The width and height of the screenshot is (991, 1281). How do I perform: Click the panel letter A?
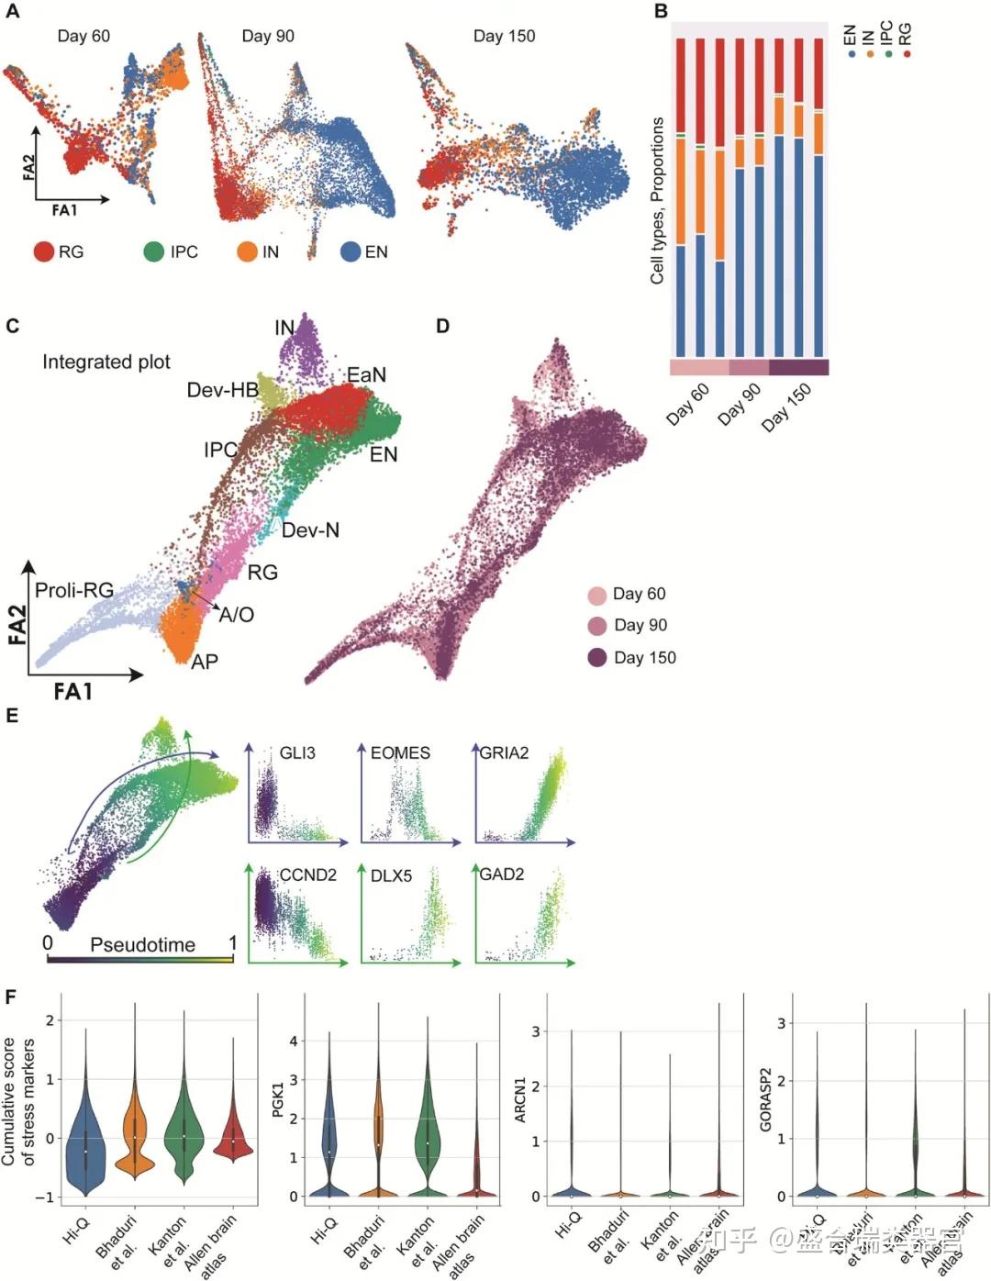tap(13, 12)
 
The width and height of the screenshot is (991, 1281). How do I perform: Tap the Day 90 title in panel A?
tap(268, 36)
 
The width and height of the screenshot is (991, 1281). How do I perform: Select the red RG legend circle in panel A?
tap(44, 251)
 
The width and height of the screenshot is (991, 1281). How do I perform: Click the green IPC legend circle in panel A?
tap(154, 251)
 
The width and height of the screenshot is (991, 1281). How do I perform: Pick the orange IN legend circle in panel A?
tap(247, 251)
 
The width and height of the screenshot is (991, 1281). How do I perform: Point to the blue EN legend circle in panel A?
tap(351, 251)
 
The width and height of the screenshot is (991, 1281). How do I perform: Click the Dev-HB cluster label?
tap(222, 390)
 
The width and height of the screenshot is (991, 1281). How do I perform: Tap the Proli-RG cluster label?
tap(73, 590)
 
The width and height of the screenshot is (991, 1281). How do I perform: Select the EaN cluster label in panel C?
tap(366, 374)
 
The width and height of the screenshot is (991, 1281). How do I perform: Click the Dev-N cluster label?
tap(310, 530)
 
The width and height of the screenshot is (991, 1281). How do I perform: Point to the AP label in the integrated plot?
tap(204, 661)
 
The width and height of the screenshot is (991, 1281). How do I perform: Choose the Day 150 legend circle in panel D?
tap(597, 657)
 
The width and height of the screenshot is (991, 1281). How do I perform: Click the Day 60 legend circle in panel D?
tap(597, 595)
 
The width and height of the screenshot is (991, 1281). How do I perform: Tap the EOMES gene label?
tap(400, 752)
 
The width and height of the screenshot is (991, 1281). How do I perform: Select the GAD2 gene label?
tap(502, 874)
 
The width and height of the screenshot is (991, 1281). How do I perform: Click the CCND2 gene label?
tap(307, 874)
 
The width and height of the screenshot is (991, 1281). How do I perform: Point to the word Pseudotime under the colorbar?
tap(142, 944)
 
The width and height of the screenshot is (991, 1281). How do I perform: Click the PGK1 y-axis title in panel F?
tap(279, 1099)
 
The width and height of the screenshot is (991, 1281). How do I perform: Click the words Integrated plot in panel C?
tap(106, 362)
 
